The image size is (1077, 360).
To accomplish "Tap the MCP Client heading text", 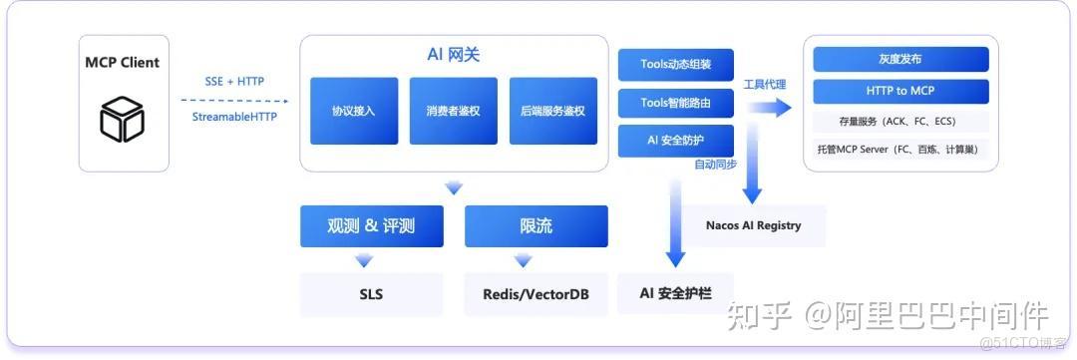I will [x=122, y=63].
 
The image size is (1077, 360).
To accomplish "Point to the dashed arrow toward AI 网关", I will [x=234, y=100].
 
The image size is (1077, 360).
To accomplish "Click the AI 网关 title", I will [x=454, y=55].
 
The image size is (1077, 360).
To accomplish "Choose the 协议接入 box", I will [x=353, y=111].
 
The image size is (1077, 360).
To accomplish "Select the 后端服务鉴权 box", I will [x=552, y=111].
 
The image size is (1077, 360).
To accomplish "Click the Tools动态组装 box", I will [x=675, y=65].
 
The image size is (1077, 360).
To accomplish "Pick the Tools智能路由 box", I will [x=675, y=102].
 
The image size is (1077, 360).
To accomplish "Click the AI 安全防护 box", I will [x=675, y=139].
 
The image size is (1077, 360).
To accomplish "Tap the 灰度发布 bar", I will [x=900, y=59].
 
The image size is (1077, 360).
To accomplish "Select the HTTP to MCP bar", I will [x=900, y=92].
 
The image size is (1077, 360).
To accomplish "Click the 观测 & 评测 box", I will [x=370, y=226].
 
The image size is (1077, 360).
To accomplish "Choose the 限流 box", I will [x=536, y=226].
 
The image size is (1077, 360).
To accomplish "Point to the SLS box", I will [x=370, y=294].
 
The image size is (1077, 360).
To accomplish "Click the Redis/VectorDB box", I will [x=536, y=294].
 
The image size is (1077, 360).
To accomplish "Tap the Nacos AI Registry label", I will [x=753, y=225].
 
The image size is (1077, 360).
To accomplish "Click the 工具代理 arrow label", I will [x=764, y=85].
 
